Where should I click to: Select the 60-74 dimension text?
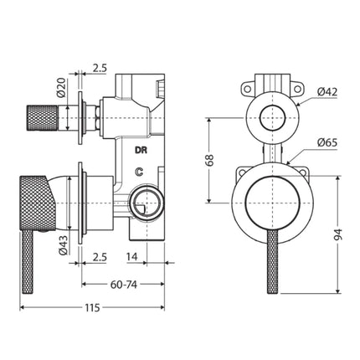[x=122, y=284]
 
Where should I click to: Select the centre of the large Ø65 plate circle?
[x=270, y=201]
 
